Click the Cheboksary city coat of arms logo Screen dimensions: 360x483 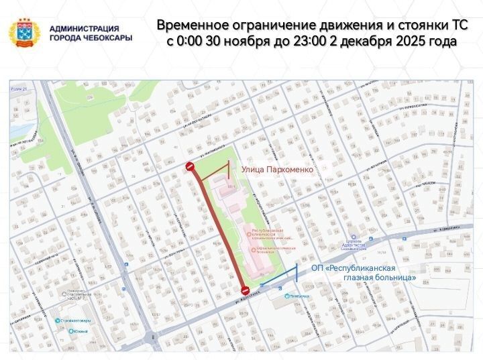(24, 33)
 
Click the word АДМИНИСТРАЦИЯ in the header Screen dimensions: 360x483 (85, 29)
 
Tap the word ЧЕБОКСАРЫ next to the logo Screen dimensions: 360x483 (106, 38)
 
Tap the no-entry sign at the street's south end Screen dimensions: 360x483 (246, 290)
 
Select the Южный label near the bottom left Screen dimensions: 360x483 (82, 333)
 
